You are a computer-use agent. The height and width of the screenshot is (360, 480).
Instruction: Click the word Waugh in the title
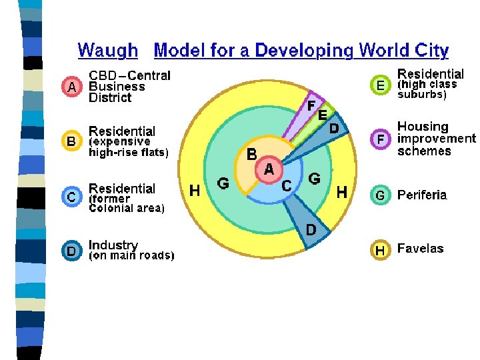point(108,51)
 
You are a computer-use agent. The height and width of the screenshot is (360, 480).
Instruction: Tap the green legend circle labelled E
point(380,85)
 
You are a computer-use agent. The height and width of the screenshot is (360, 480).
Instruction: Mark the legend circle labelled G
point(380,195)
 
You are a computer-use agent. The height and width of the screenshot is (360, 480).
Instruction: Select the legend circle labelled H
point(380,250)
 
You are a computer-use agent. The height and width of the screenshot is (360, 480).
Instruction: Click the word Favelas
point(420,249)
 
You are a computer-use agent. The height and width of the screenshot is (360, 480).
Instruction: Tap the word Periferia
point(422,195)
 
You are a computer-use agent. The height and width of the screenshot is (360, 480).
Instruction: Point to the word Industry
point(113,245)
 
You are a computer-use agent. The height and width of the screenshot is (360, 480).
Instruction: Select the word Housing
point(423,127)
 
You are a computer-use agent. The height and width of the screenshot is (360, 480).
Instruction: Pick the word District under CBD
point(111,98)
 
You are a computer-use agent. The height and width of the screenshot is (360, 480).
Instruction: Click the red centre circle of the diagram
point(269,169)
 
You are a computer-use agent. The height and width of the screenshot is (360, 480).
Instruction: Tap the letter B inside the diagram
point(252,154)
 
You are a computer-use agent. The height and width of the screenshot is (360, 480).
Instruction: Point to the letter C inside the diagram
point(285,186)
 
